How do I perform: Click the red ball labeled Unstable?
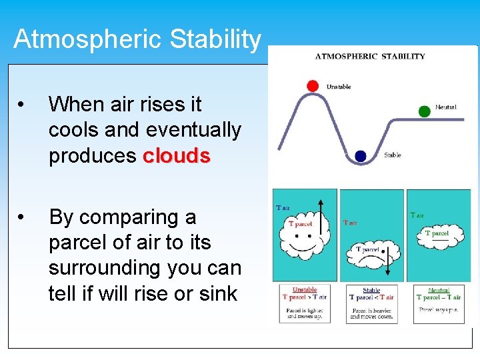click(x=312, y=85)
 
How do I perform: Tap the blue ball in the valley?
click(x=361, y=156)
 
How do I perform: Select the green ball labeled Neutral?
click(x=424, y=111)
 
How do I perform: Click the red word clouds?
click(x=177, y=155)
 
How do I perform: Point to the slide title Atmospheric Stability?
click(x=137, y=39)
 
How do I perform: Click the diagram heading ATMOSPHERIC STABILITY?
click(x=370, y=56)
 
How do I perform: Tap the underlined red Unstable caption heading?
click(x=305, y=290)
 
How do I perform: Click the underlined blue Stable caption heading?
click(x=371, y=290)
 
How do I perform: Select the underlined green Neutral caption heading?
click(x=439, y=290)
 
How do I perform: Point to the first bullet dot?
click(x=23, y=105)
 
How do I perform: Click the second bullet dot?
click(x=23, y=218)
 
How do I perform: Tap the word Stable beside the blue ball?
click(x=393, y=155)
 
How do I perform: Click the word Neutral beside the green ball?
click(x=446, y=107)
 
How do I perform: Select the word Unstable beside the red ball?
click(x=339, y=87)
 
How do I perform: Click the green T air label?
click(x=417, y=215)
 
